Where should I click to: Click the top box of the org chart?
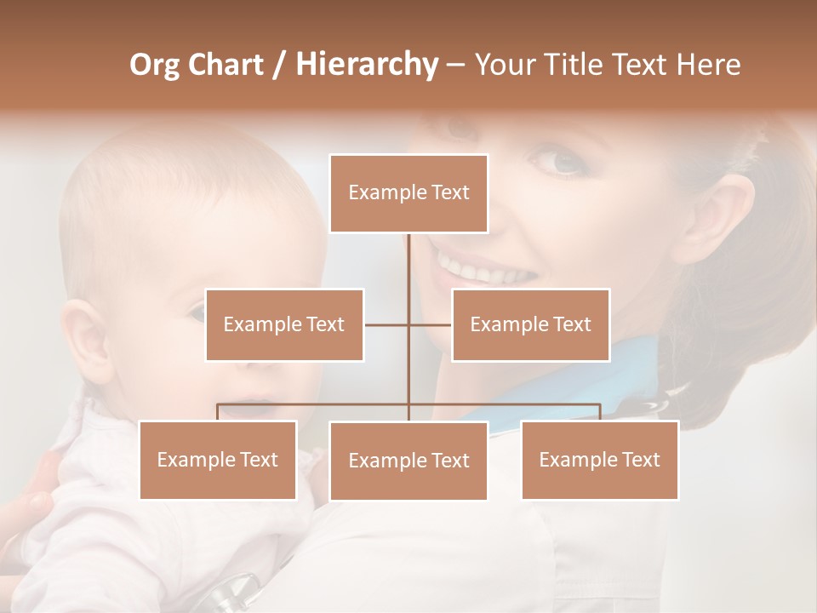(408, 193)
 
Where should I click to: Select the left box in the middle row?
(284, 324)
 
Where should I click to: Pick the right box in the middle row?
(530, 324)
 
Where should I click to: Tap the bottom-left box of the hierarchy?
(218, 460)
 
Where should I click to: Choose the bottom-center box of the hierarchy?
(408, 461)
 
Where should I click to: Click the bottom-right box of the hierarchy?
(600, 460)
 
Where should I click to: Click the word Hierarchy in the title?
(367, 65)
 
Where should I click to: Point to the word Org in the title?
(154, 65)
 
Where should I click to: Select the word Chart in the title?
(225, 65)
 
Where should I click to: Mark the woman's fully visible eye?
(557, 161)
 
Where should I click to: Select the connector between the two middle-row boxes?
(408, 324)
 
